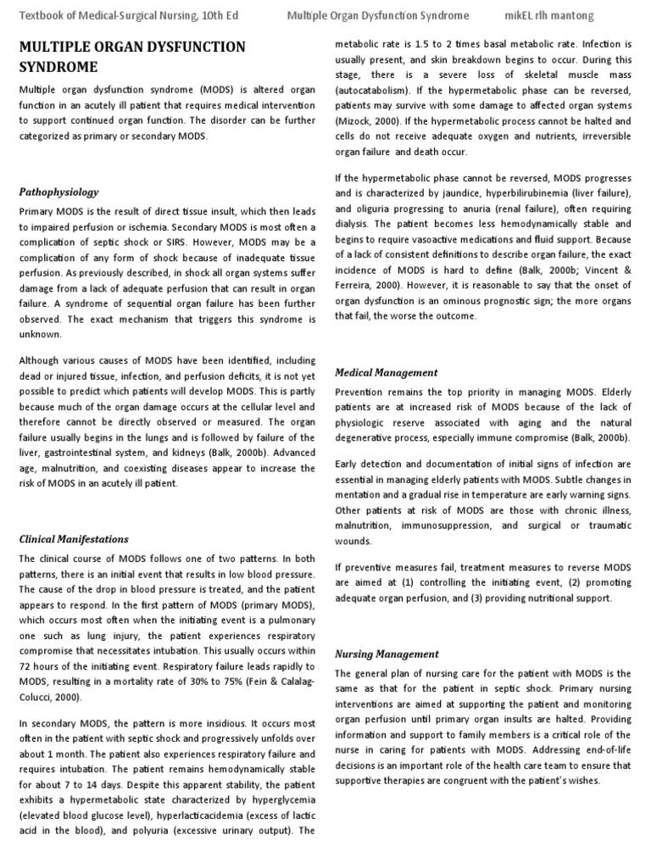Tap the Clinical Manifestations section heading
point(74,539)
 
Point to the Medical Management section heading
point(387,372)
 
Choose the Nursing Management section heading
point(387,654)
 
